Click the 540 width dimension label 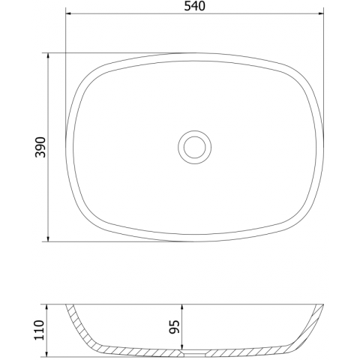(194, 6)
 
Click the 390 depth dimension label (40, 147)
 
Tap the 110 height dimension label (39, 330)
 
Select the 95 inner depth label (175, 327)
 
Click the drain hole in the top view (195, 147)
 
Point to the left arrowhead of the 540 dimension (69, 13)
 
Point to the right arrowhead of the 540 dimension (320, 13)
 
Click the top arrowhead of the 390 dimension (48, 56)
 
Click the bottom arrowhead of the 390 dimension (48, 238)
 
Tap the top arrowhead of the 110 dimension (46, 307)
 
